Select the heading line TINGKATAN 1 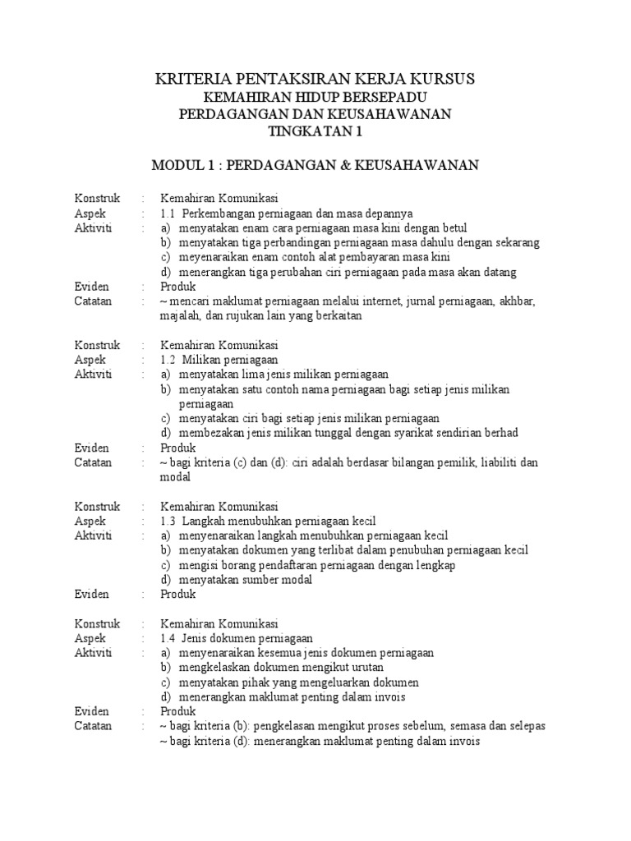click(x=315, y=131)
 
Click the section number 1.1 click(x=168, y=213)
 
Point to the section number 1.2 click(x=168, y=360)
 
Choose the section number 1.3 click(x=168, y=521)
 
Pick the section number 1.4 click(x=168, y=638)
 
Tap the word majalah click(x=182, y=316)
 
